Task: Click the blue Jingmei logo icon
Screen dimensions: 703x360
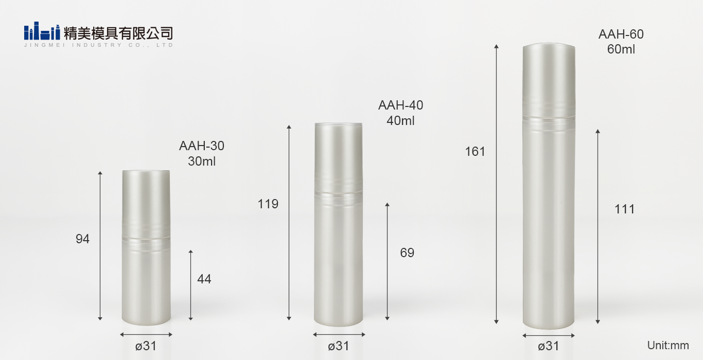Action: click(42, 31)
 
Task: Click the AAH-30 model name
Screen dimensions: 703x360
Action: click(202, 146)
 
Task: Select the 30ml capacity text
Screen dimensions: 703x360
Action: click(202, 161)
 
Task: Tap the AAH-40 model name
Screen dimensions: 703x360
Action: click(400, 105)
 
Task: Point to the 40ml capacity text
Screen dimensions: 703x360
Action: click(400, 120)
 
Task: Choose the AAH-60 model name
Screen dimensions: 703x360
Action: click(621, 34)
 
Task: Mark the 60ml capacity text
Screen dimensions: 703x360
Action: click(621, 49)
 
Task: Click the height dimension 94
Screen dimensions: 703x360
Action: click(82, 239)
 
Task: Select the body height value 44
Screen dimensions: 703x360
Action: click(204, 279)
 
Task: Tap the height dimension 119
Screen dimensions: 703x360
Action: click(268, 204)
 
